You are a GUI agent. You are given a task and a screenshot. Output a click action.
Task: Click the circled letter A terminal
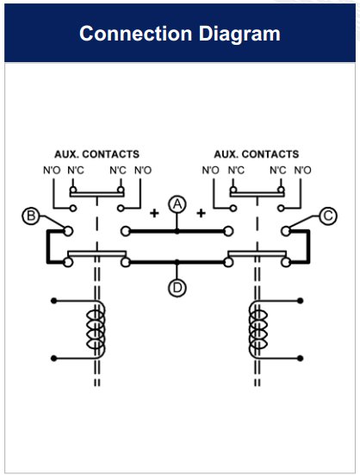177,204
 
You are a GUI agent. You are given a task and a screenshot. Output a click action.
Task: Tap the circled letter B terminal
31,216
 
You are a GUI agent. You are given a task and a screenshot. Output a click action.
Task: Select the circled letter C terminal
328,216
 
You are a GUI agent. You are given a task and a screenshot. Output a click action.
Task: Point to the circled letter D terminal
177,288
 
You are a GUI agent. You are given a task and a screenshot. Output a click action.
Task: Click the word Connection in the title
135,34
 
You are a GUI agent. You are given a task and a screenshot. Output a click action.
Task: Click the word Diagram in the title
239,34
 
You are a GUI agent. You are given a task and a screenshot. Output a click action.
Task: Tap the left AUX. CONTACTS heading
96,154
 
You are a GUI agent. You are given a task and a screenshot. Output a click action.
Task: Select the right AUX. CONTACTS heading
257,154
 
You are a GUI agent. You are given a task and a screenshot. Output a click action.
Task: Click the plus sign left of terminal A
154,213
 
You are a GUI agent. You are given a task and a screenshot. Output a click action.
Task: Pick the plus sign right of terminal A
201,213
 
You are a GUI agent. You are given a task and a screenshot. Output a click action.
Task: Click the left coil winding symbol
96,330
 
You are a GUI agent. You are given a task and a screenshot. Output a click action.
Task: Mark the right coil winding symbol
258,330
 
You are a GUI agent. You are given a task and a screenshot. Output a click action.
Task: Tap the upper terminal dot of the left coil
54,301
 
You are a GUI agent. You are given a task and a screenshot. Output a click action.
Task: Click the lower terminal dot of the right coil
300,359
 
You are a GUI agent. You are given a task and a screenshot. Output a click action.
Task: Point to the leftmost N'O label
52,170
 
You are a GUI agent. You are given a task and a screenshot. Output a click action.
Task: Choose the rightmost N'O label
302,170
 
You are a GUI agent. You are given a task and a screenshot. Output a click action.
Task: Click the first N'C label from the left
76,170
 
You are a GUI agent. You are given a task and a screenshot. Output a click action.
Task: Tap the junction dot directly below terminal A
177,231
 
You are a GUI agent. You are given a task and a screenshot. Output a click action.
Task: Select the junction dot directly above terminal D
177,262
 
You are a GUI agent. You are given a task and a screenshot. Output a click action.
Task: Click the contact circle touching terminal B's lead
68,231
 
